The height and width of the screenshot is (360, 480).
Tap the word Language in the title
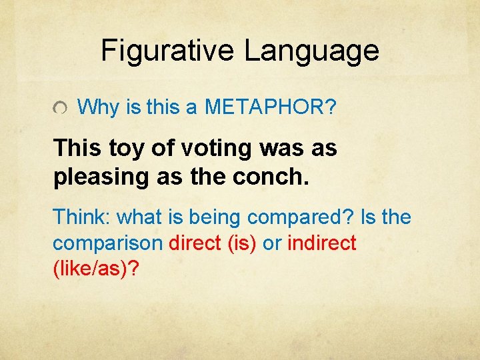point(311,51)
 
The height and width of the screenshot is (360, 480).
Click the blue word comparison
point(107,244)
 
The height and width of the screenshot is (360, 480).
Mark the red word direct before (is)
point(195,243)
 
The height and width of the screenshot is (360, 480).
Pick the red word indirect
point(321,243)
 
